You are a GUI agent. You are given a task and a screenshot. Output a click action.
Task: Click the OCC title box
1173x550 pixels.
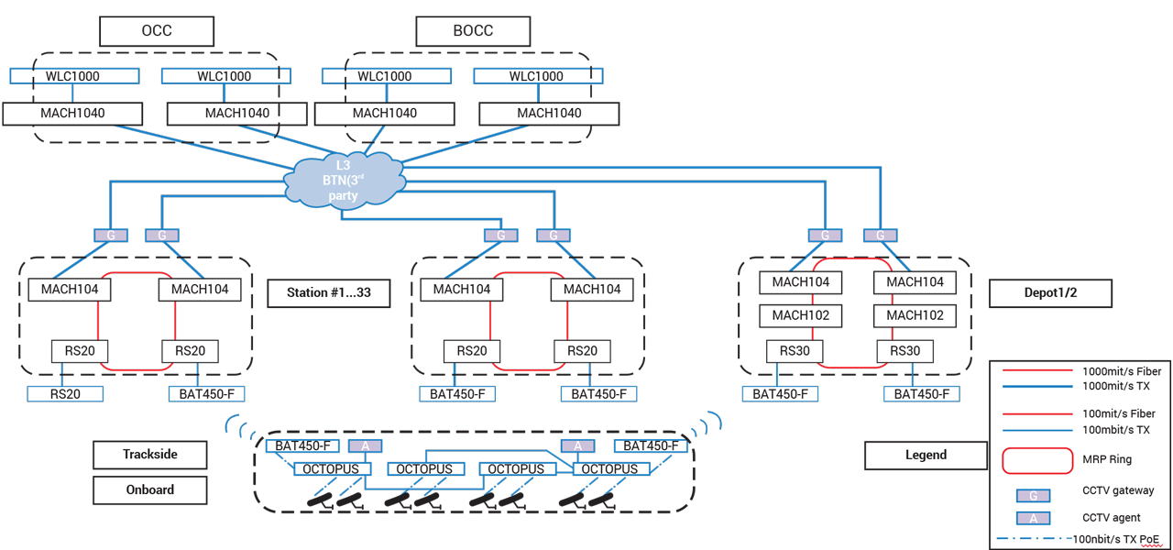coord(156,30)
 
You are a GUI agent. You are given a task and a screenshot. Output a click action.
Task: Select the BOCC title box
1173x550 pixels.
coord(473,30)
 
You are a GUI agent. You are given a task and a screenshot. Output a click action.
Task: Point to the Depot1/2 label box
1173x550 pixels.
coord(1049,293)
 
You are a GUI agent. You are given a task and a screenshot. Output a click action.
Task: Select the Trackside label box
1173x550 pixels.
coord(150,454)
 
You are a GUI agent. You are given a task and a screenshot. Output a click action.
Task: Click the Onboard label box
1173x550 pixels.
coord(150,489)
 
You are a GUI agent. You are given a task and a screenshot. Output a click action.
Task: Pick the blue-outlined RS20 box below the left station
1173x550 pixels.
coord(65,394)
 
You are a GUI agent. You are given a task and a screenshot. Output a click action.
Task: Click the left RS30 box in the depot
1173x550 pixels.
coord(795,351)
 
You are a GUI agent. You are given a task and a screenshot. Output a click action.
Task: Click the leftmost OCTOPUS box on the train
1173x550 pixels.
coord(332,469)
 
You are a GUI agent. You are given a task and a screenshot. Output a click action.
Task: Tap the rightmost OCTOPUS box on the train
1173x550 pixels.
coord(611,469)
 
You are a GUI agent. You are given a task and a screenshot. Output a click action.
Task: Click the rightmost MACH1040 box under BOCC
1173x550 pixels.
coord(549,114)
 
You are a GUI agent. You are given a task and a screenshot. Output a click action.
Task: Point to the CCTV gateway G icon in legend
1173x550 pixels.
coord(1034,495)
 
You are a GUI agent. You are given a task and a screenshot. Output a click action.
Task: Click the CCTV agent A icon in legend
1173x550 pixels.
coord(1034,518)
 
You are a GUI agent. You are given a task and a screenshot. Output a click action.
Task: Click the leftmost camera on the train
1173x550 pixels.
coord(320,501)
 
